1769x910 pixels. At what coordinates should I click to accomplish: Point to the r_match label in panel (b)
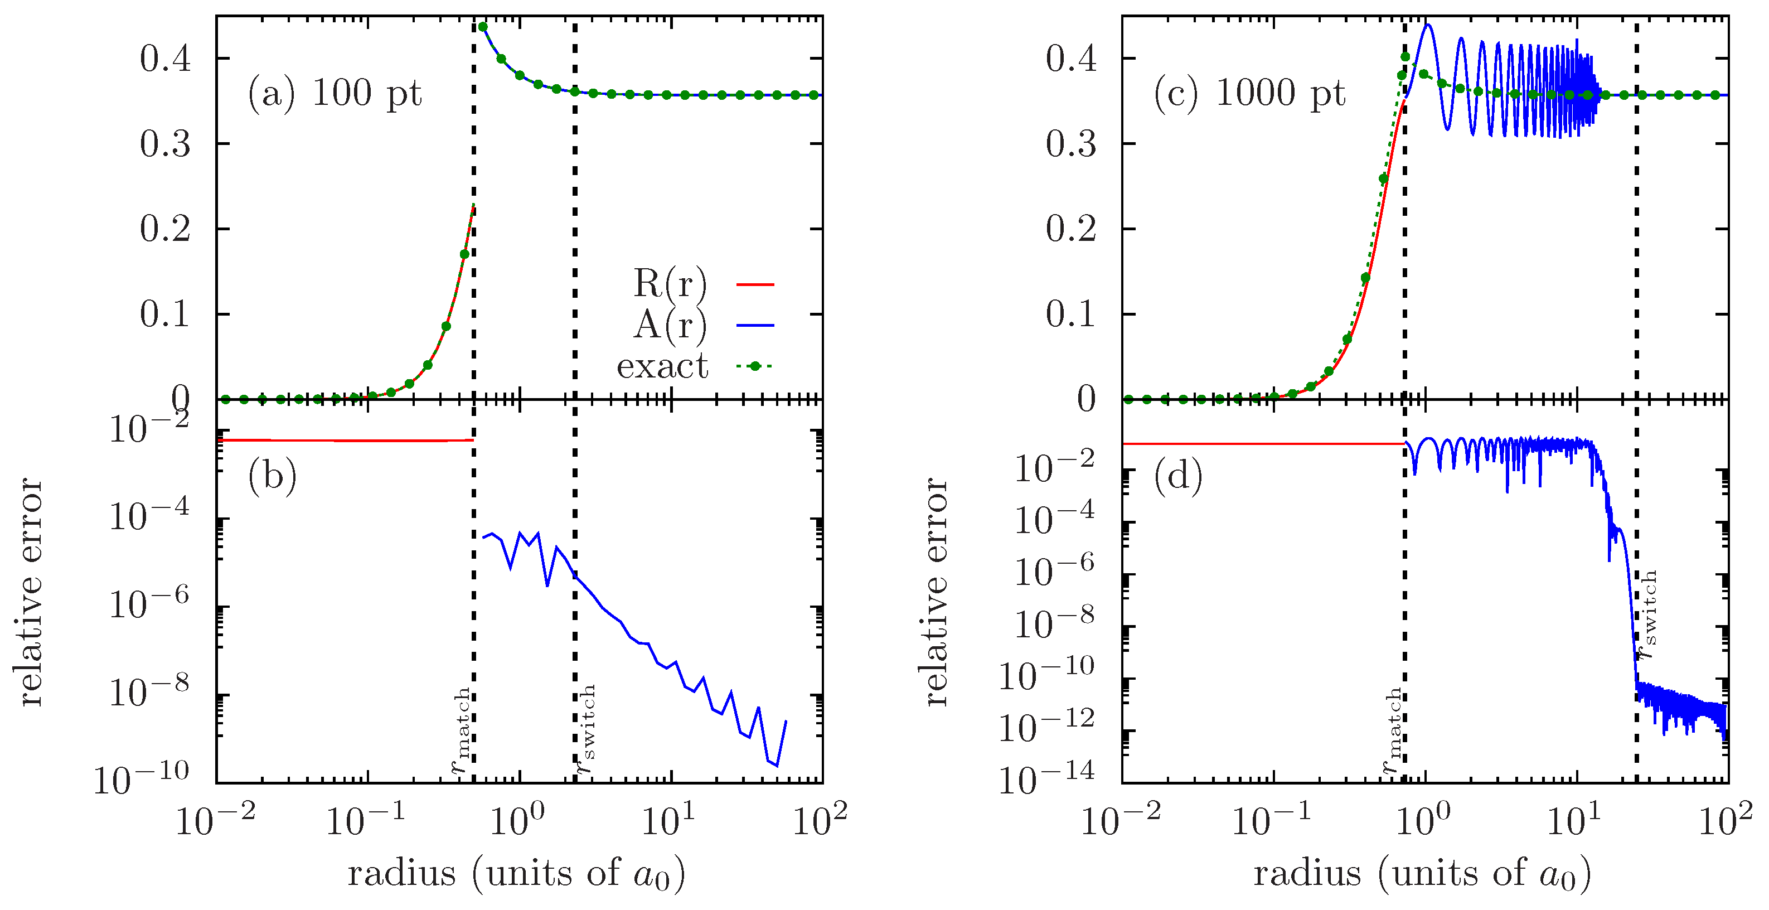click(x=461, y=731)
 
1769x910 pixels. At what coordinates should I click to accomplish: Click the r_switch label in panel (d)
click(x=1646, y=614)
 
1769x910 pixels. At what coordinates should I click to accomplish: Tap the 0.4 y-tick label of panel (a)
click(x=165, y=59)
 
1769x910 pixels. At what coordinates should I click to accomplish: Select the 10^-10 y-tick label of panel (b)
click(x=141, y=779)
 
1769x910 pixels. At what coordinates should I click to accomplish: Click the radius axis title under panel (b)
click(x=516, y=874)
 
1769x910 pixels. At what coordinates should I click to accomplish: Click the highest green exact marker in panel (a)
click(x=483, y=27)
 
